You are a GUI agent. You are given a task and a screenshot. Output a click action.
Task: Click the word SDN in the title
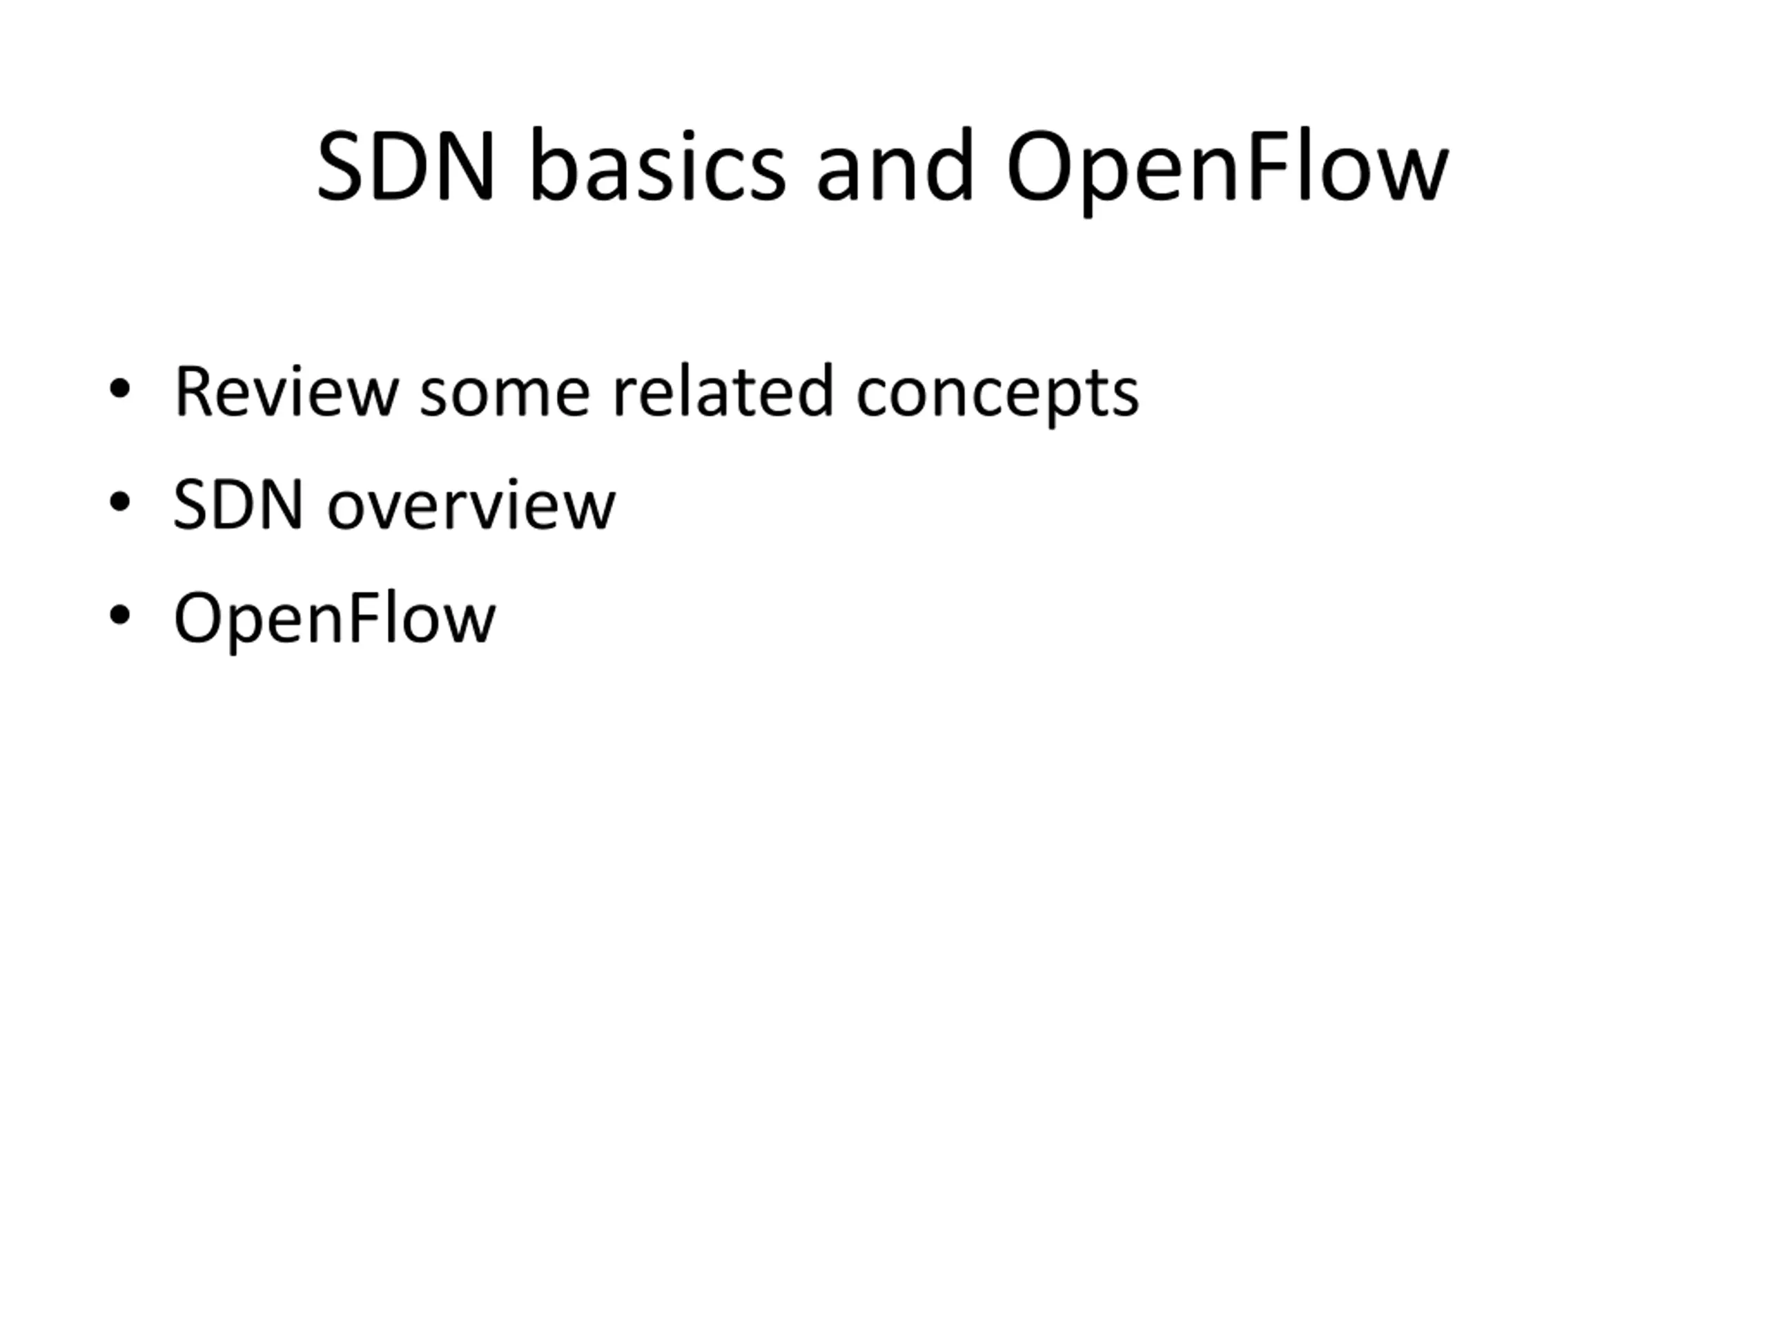tap(405, 167)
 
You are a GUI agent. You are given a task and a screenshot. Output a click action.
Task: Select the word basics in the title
tap(657, 167)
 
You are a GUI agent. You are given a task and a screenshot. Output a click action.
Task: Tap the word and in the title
tap(895, 167)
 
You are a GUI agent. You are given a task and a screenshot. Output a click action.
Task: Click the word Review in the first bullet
tap(285, 392)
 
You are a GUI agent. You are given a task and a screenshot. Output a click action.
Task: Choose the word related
tap(723, 392)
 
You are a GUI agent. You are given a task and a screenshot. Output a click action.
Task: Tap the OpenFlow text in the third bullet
tap(335, 619)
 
